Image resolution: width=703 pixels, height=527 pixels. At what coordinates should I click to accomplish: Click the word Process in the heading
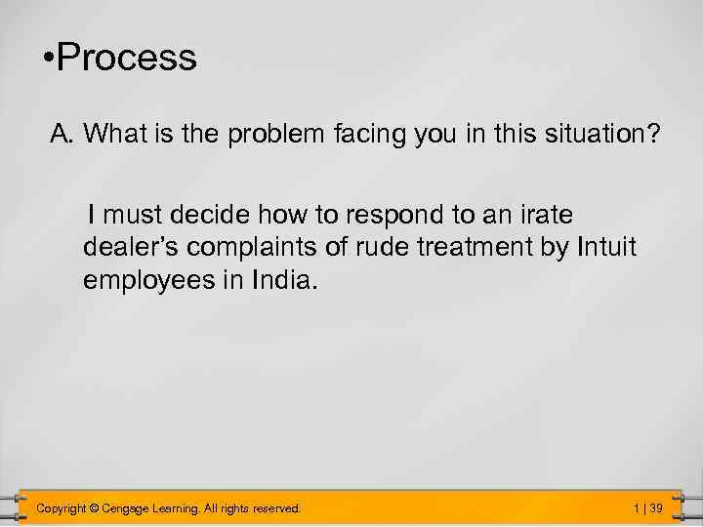(x=127, y=59)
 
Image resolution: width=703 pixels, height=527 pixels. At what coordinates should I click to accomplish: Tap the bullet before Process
(x=48, y=60)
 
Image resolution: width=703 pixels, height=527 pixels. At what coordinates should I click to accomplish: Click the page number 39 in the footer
(x=656, y=507)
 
